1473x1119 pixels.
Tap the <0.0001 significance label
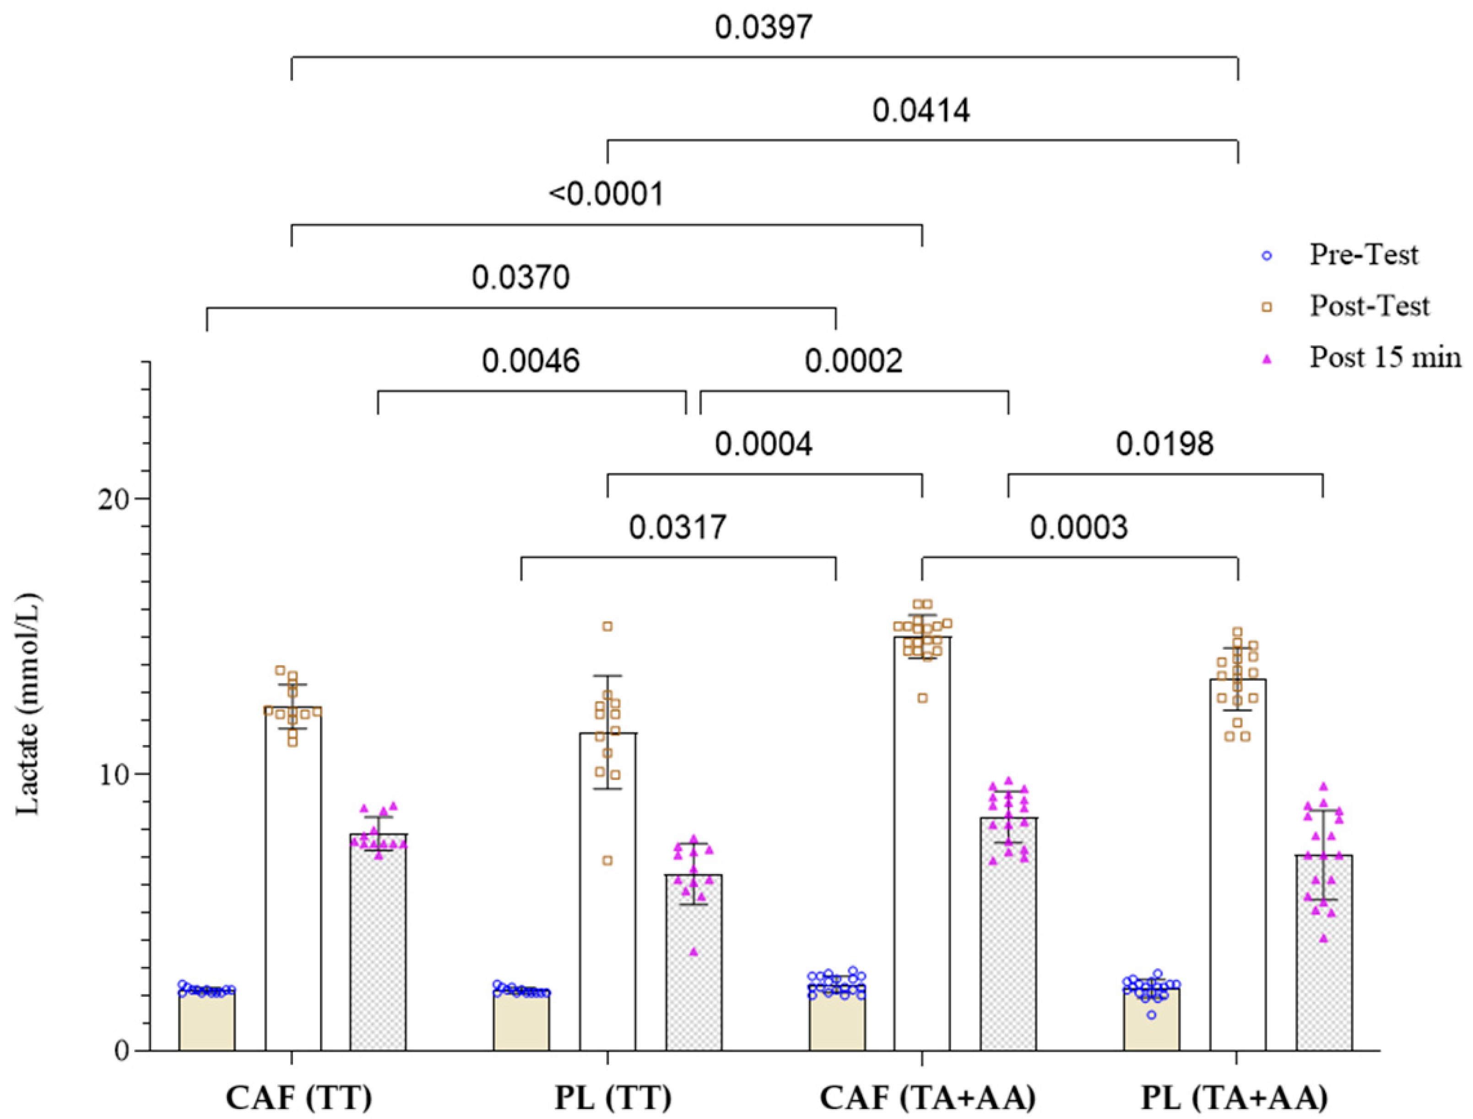coord(606,195)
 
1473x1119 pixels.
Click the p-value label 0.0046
coord(531,361)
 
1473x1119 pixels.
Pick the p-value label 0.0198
coord(1164,444)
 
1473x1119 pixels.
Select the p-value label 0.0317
coord(677,528)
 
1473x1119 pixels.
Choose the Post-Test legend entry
coord(1368,306)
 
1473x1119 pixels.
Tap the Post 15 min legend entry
coord(1384,358)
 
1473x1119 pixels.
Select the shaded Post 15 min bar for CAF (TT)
coord(379,946)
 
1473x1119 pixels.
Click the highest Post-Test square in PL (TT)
coord(607,626)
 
